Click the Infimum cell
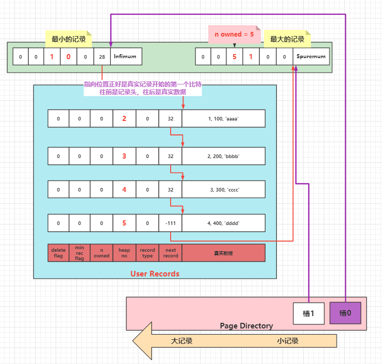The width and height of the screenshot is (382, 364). click(x=126, y=57)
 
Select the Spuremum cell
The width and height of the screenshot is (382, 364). click(x=311, y=57)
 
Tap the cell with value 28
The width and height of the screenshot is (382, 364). click(x=102, y=57)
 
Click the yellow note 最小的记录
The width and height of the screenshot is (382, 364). click(x=69, y=39)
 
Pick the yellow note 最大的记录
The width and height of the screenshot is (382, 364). click(x=287, y=39)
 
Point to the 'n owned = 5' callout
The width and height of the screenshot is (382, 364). click(x=234, y=34)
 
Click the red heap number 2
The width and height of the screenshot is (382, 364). click(x=124, y=118)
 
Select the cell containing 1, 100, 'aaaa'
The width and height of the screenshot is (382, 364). click(x=223, y=118)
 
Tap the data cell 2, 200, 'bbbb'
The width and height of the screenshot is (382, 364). click(x=223, y=156)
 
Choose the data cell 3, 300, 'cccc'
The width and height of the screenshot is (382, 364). click(x=223, y=189)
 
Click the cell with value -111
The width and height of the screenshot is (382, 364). click(x=170, y=223)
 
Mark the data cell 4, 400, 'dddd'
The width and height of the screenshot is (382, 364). click(x=223, y=223)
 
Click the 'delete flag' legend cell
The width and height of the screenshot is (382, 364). click(x=58, y=253)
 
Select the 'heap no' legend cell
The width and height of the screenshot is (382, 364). click(x=124, y=253)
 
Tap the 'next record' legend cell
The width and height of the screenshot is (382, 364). click(x=170, y=253)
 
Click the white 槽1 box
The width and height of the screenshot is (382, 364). click(x=308, y=313)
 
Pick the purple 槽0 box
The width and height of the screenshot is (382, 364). click(x=345, y=313)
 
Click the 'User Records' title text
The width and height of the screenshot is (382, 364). click(x=155, y=273)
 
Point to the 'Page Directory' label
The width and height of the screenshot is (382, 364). click(x=246, y=325)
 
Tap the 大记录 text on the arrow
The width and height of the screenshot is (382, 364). click(x=181, y=341)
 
